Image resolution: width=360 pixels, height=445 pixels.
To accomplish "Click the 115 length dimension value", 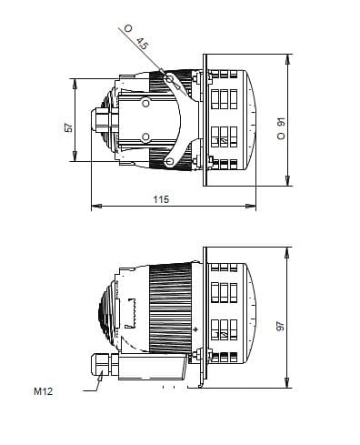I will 160,199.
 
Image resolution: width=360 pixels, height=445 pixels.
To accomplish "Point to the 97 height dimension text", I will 282,324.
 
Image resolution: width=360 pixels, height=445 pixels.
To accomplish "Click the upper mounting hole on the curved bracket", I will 169,80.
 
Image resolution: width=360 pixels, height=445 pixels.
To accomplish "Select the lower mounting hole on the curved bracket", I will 169,161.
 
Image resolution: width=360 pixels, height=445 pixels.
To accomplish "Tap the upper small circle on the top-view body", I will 145,104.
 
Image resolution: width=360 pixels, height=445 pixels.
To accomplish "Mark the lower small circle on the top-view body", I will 145,137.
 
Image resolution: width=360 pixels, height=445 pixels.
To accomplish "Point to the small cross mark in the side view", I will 195,329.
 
